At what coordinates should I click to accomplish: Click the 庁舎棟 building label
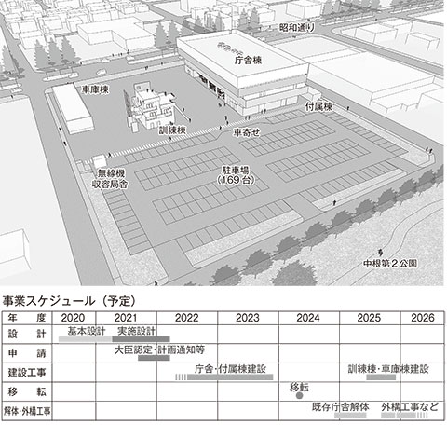[x=248, y=60]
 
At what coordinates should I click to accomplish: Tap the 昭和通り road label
[x=297, y=28]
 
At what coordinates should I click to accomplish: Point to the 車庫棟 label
[x=95, y=89]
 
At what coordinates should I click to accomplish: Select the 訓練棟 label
[x=172, y=130]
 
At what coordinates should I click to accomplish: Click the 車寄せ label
[x=247, y=132]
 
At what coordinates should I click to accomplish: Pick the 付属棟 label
[x=318, y=106]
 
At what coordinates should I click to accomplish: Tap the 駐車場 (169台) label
[x=236, y=175]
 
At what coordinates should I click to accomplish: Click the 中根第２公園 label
[x=390, y=263]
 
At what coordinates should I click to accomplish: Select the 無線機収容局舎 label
[x=110, y=178]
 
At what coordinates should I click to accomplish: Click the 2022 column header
[x=186, y=318]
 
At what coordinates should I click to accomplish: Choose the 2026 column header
[x=423, y=318]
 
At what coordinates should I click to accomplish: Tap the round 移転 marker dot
[x=299, y=395]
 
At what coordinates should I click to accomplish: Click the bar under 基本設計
[x=86, y=339]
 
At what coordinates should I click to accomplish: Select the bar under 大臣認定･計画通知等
[x=154, y=358]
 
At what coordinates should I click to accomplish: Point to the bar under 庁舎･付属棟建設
[x=230, y=377]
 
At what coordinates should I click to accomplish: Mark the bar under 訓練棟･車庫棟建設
[x=381, y=377]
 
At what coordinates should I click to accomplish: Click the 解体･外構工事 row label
[x=27, y=411]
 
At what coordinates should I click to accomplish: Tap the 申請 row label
[x=27, y=353]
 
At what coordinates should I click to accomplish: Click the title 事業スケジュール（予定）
[x=69, y=301]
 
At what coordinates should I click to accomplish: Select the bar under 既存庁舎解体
[x=350, y=415]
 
